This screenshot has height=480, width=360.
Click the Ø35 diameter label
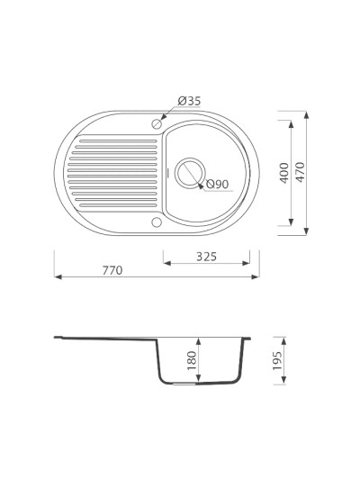click(189, 101)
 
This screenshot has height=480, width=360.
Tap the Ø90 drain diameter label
click(218, 184)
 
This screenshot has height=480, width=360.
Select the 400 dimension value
click(284, 173)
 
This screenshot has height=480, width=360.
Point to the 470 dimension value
click(301, 172)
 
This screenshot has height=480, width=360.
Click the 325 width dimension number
click(206, 257)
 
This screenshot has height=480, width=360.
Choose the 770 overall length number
click(112, 270)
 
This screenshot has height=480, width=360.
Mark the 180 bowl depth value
click(192, 360)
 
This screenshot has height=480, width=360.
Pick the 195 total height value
click(277, 360)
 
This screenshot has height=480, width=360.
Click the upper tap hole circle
click(157, 124)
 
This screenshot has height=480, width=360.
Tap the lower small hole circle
click(157, 222)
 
